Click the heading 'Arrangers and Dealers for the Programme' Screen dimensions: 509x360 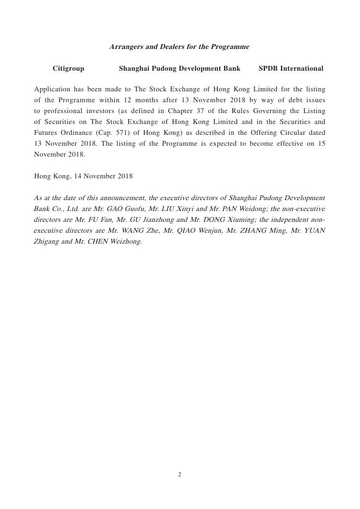179,47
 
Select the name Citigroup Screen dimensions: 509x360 69,69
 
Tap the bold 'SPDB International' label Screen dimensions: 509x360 291,69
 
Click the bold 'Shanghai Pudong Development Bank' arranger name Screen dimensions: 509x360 179,69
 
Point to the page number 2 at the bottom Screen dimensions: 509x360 179,475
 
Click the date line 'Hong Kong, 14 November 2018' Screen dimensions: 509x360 83,176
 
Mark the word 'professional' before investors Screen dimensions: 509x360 62,111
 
